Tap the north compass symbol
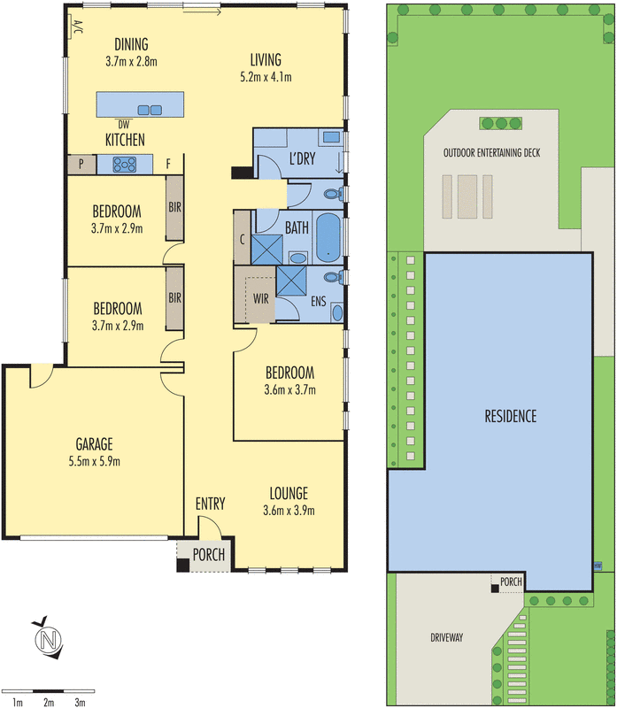coord(48,639)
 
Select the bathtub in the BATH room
coord(328,236)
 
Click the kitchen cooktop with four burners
coord(121,164)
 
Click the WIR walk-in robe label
coord(260,298)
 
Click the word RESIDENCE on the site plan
coord(510,416)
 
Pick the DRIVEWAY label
coord(448,637)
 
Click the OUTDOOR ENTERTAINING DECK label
coord(492,152)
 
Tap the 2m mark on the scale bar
coord(48,702)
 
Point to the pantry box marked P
coord(81,164)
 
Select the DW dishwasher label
coord(123,124)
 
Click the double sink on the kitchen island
coord(150,110)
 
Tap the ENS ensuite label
coord(319,302)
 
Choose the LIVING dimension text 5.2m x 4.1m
coord(266,77)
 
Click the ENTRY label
coord(210,504)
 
